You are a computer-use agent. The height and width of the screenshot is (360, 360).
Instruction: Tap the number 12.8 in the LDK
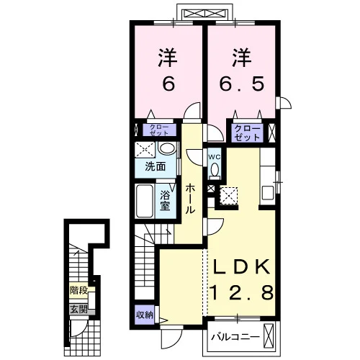tap(242, 292)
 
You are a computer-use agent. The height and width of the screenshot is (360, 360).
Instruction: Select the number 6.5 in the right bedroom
tap(242, 84)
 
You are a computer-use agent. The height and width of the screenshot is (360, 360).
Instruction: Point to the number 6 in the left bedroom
tap(168, 84)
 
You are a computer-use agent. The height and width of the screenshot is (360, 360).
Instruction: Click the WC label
tap(214, 157)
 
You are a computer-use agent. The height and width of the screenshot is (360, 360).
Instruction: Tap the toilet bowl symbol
tap(215, 170)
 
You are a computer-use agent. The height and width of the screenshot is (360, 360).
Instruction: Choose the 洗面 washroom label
tap(156, 166)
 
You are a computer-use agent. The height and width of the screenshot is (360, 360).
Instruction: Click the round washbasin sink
tap(167, 148)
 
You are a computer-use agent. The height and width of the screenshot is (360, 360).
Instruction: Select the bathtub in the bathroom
tap(145, 201)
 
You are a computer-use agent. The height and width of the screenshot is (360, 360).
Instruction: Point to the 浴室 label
tap(165, 201)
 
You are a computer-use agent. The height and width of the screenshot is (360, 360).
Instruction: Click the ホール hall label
tap(190, 199)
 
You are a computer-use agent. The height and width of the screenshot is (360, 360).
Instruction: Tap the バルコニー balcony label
tap(235, 338)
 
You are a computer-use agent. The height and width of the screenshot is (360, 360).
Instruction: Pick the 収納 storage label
tap(145, 315)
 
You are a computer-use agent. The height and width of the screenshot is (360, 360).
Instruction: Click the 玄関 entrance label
tap(78, 310)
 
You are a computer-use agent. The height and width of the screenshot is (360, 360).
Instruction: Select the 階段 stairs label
tap(78, 290)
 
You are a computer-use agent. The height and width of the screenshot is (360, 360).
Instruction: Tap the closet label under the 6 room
tap(159, 130)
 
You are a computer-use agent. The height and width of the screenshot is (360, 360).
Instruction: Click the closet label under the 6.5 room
tap(247, 132)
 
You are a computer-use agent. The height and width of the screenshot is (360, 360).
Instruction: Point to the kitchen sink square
tap(268, 193)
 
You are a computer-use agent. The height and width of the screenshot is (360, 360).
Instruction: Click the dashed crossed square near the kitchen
tap(229, 196)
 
